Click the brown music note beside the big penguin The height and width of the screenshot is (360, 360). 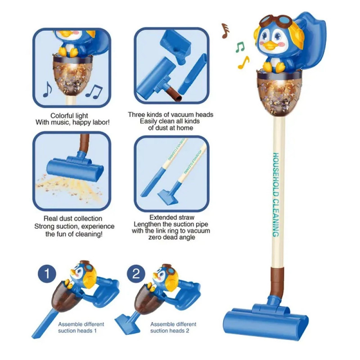pyautogui.click(x=225, y=31)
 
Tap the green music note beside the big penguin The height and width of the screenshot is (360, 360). pyautogui.click(x=240, y=47)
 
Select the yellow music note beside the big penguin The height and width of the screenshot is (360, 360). pyautogui.click(x=243, y=63)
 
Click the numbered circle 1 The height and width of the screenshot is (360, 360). pyautogui.click(x=47, y=274)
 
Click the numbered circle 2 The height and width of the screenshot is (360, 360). pyautogui.click(x=136, y=274)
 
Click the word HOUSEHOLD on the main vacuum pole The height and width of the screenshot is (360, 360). pyautogui.click(x=276, y=175)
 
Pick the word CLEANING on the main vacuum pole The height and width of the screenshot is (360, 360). pyautogui.click(x=276, y=218)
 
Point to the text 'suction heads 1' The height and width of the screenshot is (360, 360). pyautogui.click(x=77, y=331)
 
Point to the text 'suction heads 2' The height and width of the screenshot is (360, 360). pyautogui.click(x=170, y=331)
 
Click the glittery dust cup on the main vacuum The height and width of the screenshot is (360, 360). pyautogui.click(x=279, y=94)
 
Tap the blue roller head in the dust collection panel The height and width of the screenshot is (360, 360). pyautogui.click(x=75, y=169)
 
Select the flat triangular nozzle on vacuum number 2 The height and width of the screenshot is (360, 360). pyautogui.click(x=127, y=323)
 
